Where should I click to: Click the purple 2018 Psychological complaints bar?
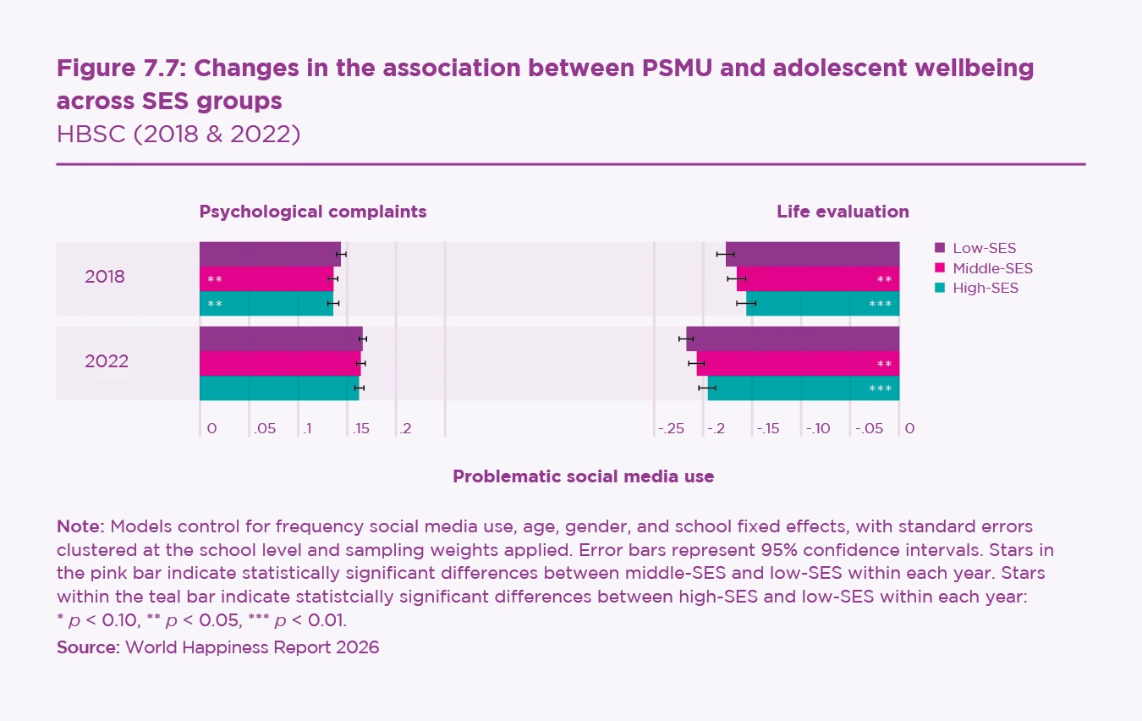270,254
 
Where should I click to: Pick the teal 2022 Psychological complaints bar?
279,388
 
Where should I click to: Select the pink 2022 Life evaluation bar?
797,364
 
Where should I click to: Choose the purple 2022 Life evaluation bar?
792,338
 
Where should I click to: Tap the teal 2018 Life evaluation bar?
822,303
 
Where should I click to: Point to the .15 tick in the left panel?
361,429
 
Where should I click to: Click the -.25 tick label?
671,429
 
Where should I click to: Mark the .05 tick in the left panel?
265,429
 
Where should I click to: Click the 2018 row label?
105,277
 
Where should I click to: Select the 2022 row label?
107,361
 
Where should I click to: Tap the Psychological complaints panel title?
313,212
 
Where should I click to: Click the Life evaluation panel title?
843,212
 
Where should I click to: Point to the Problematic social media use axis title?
583,476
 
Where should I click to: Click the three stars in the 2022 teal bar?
880,388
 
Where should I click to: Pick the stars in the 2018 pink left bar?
215,279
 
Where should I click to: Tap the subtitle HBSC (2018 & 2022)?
178,134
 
